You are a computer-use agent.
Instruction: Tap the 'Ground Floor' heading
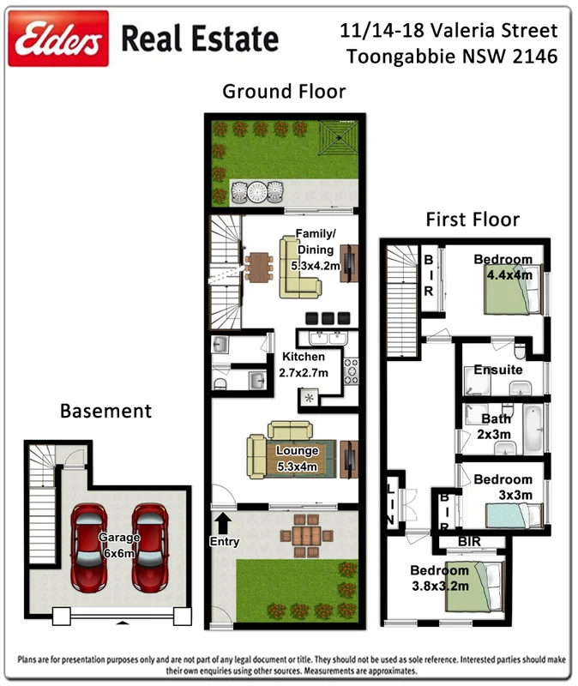[x=284, y=92]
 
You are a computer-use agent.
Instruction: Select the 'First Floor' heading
[x=473, y=220]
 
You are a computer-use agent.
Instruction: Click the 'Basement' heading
[x=105, y=411]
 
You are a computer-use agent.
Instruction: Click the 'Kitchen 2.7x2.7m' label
[x=303, y=364]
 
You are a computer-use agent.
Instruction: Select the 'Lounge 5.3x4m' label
[x=298, y=459]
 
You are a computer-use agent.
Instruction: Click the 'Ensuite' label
[x=498, y=370]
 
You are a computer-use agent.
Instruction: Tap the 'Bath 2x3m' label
[x=496, y=426]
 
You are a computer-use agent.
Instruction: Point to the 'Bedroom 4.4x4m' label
[x=503, y=268]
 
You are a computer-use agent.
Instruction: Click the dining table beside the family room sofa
[x=257, y=265]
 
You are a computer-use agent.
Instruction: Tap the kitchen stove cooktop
[x=352, y=369]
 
